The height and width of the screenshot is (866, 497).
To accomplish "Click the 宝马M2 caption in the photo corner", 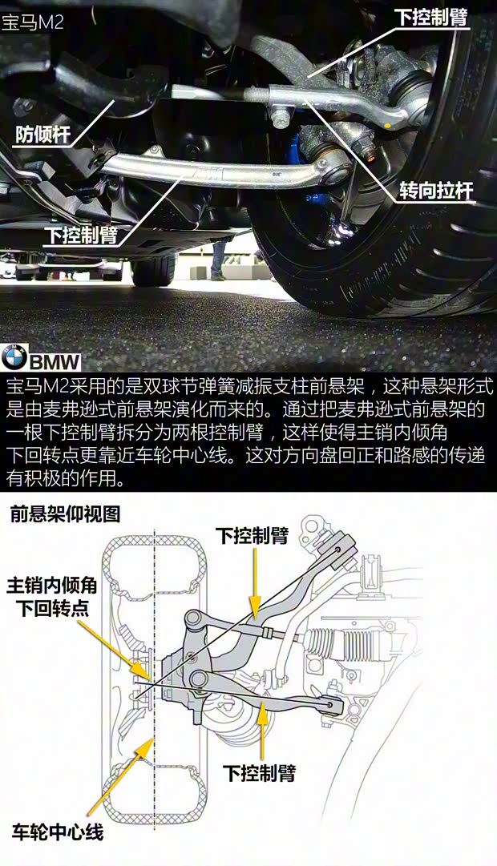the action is pyautogui.click(x=32, y=22).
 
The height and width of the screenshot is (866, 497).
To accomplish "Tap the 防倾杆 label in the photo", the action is pyautogui.click(x=42, y=135).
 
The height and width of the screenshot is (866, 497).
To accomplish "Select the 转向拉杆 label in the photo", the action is pyautogui.click(x=437, y=191).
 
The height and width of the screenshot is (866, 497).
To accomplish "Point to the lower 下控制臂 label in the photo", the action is pyautogui.click(x=81, y=236).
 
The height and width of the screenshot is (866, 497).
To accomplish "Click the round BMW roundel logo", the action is pyautogui.click(x=14, y=358).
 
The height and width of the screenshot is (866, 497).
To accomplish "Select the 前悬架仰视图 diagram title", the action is pyautogui.click(x=65, y=515).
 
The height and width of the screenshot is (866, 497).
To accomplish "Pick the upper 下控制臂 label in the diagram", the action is pyautogui.click(x=252, y=535).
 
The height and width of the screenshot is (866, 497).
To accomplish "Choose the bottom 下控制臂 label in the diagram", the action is pyautogui.click(x=259, y=772).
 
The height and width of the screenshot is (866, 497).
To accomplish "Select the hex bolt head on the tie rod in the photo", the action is pyautogui.click(x=280, y=119).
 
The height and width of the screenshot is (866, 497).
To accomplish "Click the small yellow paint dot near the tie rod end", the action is pyautogui.click(x=390, y=127).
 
